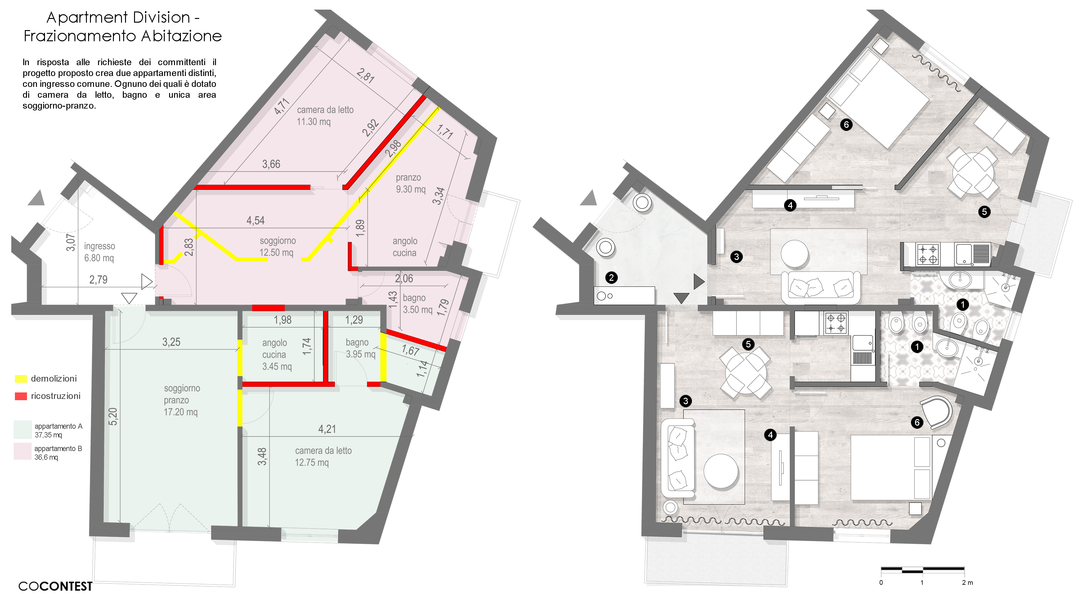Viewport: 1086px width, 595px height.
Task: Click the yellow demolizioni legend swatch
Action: tap(21, 378)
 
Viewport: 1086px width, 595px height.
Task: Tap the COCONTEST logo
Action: tap(55, 586)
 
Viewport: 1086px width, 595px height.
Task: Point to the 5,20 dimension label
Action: tap(113, 416)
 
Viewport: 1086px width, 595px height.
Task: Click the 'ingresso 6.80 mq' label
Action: tap(100, 252)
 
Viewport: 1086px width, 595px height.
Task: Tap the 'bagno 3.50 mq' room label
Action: tap(417, 303)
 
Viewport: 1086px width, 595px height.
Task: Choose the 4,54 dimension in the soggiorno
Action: tap(255, 220)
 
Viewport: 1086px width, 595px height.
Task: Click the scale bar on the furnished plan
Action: tap(922, 570)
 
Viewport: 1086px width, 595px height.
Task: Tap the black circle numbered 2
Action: tap(611, 277)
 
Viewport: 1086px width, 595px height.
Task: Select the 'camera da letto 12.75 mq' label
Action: tap(323, 456)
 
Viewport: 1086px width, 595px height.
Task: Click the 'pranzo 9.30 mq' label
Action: tap(410, 183)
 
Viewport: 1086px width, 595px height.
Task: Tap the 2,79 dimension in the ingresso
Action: tap(98, 280)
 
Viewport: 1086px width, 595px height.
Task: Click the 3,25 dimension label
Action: tap(171, 342)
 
